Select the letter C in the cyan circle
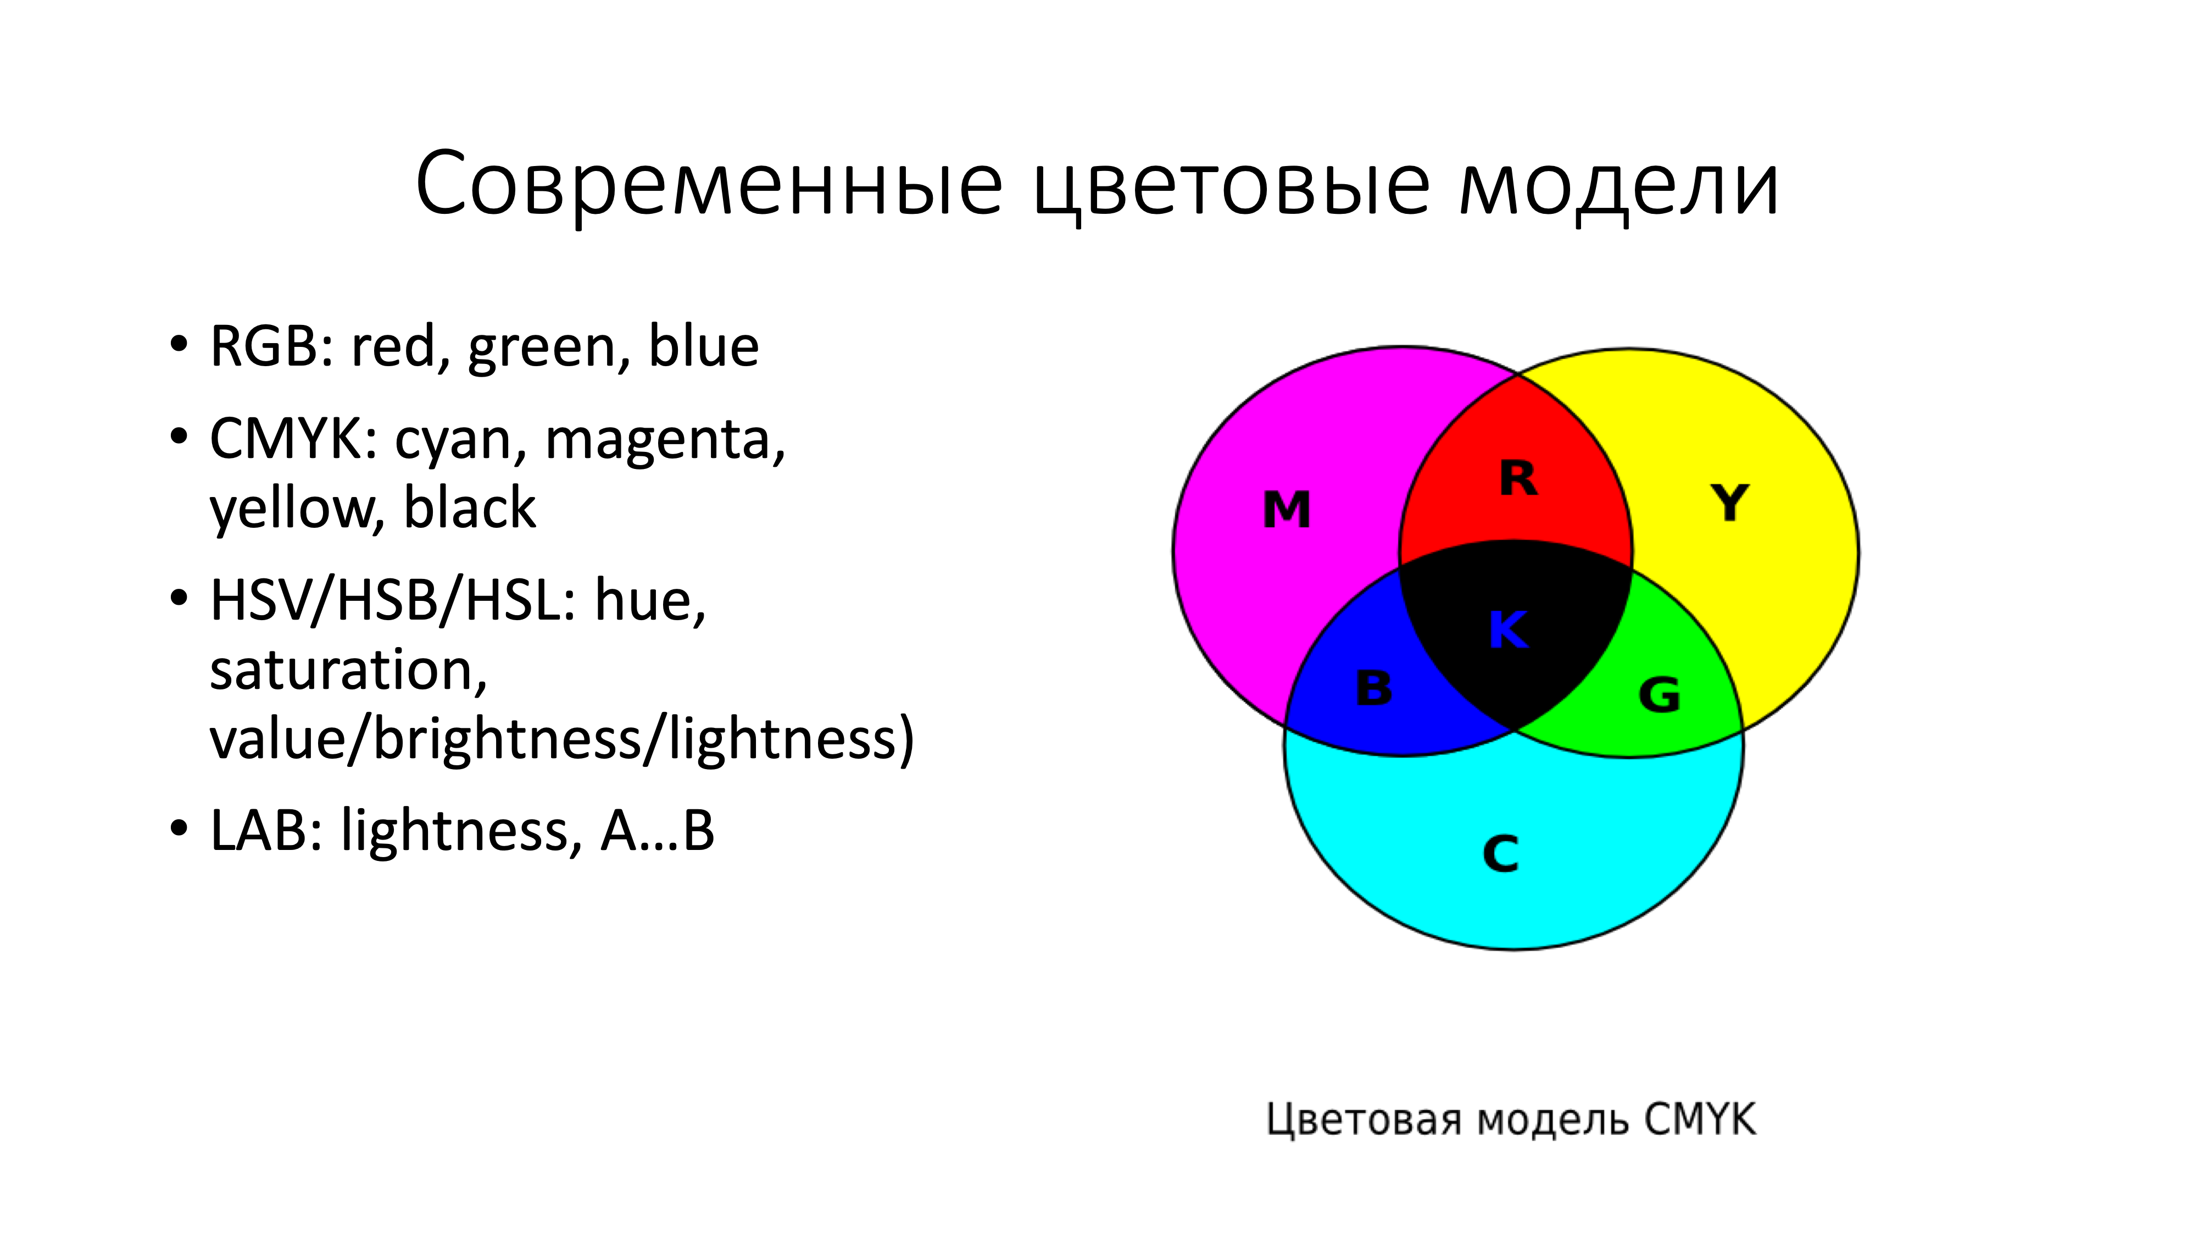pos(1501,854)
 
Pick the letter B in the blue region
pos(1374,688)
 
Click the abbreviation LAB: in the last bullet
pos(267,831)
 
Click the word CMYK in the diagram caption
pos(1700,1119)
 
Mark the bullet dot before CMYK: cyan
pos(179,437)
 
